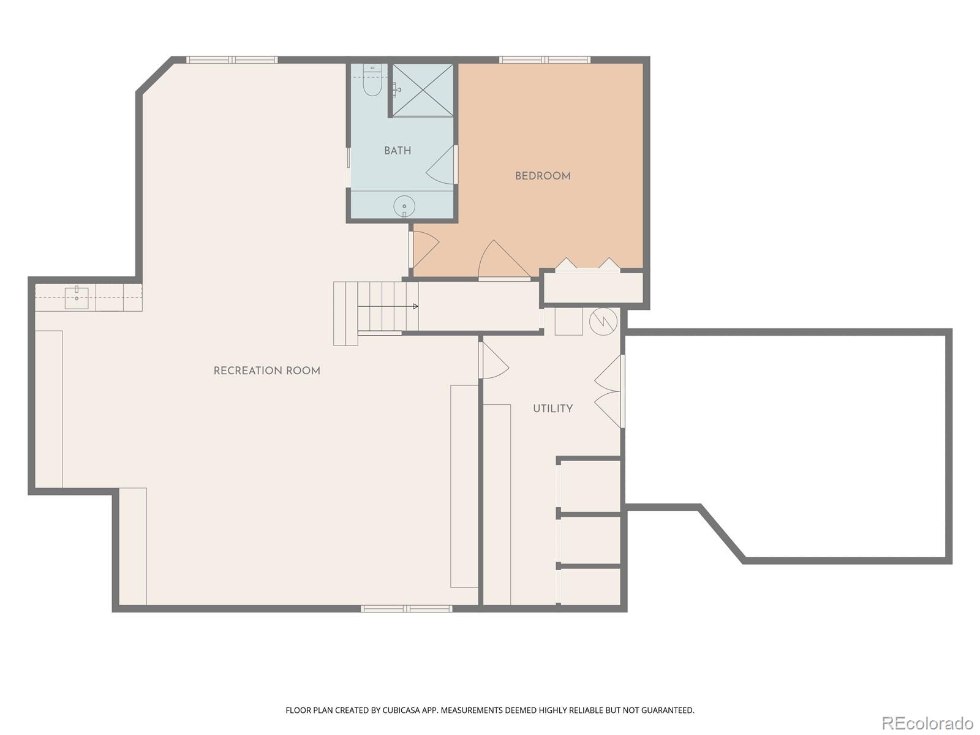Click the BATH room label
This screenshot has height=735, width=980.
click(x=398, y=151)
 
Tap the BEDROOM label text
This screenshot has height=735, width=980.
click(x=543, y=176)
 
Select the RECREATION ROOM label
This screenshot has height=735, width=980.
click(x=267, y=371)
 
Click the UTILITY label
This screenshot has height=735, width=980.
click(x=552, y=409)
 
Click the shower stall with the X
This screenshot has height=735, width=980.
click(x=423, y=89)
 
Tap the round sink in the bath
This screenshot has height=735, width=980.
click(x=404, y=206)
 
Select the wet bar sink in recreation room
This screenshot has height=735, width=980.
click(x=77, y=298)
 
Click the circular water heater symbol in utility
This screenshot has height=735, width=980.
click(x=603, y=321)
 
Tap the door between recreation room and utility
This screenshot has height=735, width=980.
click(x=495, y=361)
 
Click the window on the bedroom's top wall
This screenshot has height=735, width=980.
click(x=545, y=60)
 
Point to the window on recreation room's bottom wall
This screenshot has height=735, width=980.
click(x=406, y=608)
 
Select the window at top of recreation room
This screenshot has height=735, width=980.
click(x=232, y=60)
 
